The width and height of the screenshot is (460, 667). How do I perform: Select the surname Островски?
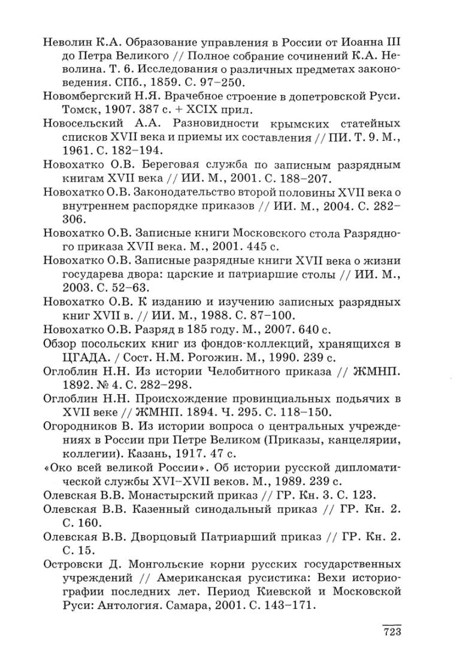(x=72, y=566)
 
